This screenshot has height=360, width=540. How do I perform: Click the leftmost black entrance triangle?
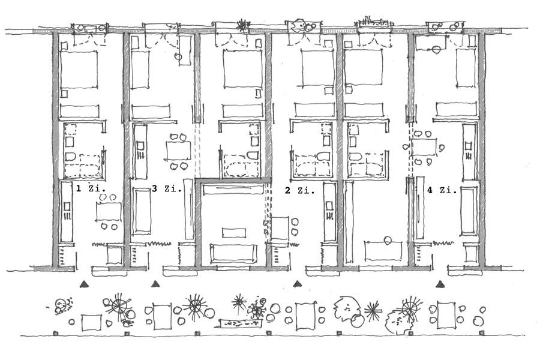coord(86,283)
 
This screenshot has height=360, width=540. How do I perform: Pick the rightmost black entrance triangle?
coord(440,283)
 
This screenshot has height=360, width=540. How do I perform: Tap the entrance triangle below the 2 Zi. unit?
coord(296,283)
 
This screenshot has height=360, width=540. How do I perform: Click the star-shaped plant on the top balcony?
coord(242,26)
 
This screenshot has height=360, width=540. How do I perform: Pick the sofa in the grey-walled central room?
coord(232,253)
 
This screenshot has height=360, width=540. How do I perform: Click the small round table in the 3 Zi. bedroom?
coord(178,56)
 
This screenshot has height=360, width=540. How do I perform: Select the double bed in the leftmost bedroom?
coord(79,70)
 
